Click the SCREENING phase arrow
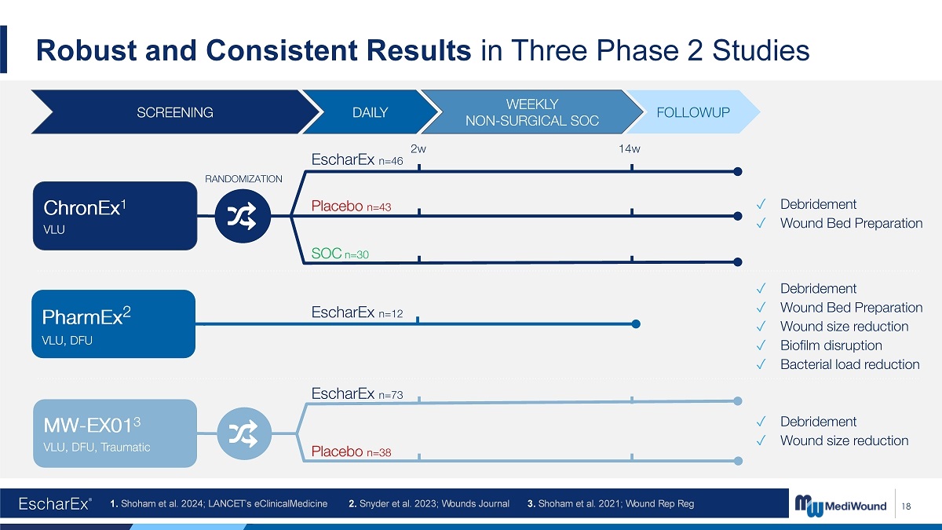click(175, 111)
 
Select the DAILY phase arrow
click(370, 111)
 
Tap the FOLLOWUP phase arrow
click(693, 111)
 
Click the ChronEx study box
click(115, 216)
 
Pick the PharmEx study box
click(114, 323)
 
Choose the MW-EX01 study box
click(115, 433)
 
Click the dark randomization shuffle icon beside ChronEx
click(243, 216)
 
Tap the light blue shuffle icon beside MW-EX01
click(244, 433)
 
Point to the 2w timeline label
click(418, 148)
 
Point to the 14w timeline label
click(629, 148)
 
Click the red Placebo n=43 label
click(351, 206)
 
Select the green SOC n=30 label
click(340, 253)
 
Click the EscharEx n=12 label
click(357, 313)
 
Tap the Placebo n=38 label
click(351, 451)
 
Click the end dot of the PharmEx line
click(636, 323)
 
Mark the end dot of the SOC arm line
click(738, 262)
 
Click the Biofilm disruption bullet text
click(831, 345)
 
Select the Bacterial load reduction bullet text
click(850, 364)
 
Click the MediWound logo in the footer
click(840, 505)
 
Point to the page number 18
click(906, 506)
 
